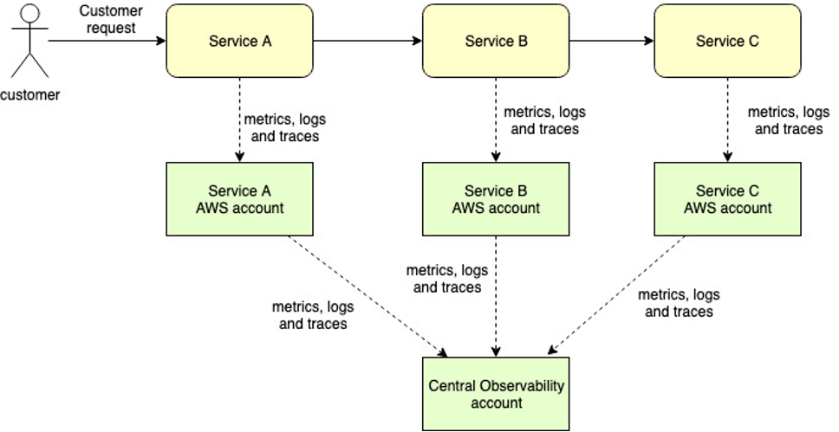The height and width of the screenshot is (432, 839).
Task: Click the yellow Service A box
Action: (x=238, y=41)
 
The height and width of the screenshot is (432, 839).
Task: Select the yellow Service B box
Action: (x=496, y=41)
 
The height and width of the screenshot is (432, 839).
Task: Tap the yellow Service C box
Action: (x=727, y=41)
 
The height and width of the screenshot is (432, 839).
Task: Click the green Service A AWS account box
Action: (x=238, y=199)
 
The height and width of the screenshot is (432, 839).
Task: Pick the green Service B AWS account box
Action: (x=496, y=199)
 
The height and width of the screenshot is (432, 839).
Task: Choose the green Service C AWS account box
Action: (x=727, y=199)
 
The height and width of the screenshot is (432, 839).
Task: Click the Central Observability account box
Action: (x=496, y=393)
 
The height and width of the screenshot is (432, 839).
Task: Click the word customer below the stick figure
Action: (x=30, y=95)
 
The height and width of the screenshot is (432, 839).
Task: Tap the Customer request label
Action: (x=110, y=19)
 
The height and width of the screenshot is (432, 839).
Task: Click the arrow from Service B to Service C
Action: (x=611, y=40)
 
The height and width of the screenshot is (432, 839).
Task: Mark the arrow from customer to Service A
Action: (x=104, y=40)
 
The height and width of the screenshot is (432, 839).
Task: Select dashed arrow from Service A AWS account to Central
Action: (x=364, y=294)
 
